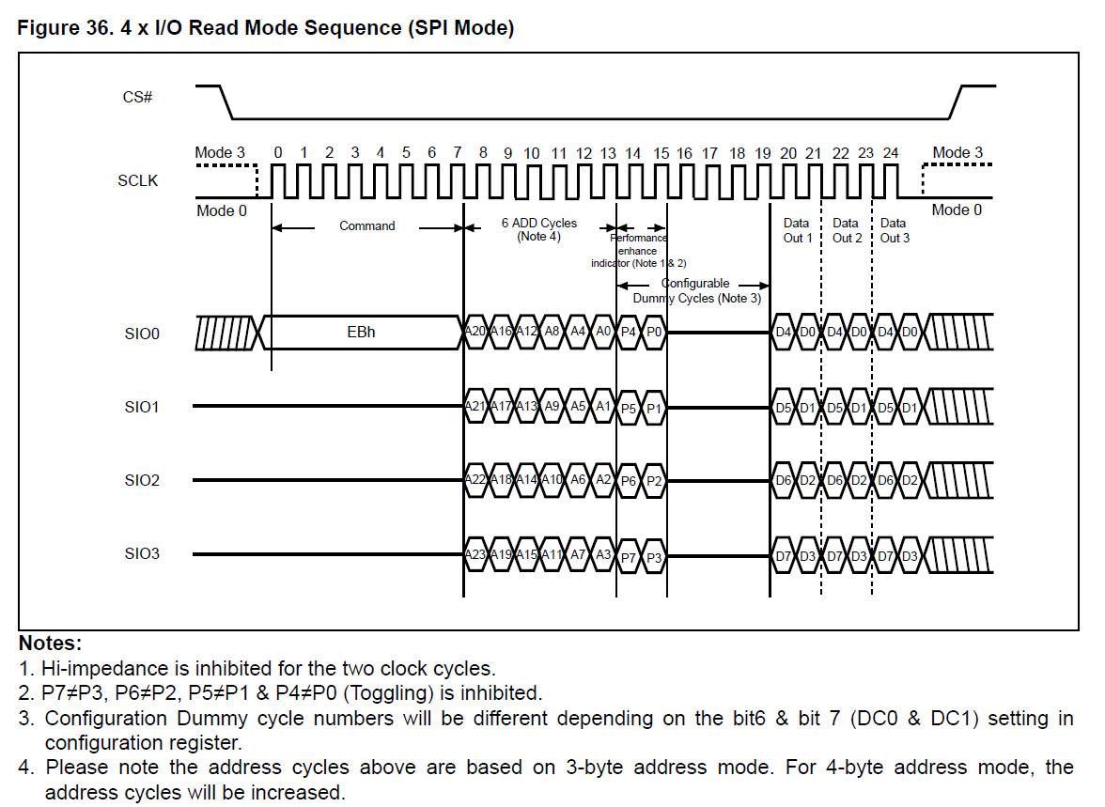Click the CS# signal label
(x=137, y=97)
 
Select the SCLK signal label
(x=137, y=181)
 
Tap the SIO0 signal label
(x=142, y=334)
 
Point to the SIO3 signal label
(x=142, y=553)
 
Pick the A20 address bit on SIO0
(x=476, y=333)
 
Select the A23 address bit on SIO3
(x=476, y=555)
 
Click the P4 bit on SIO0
(x=630, y=333)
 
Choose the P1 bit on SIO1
(x=655, y=409)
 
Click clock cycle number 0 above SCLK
(x=277, y=153)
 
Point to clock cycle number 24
(x=891, y=153)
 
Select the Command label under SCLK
(x=367, y=226)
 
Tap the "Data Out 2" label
(x=846, y=231)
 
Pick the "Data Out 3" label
(x=895, y=231)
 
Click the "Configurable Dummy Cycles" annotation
(x=696, y=291)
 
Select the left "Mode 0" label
(x=222, y=210)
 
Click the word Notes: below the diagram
(x=51, y=644)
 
